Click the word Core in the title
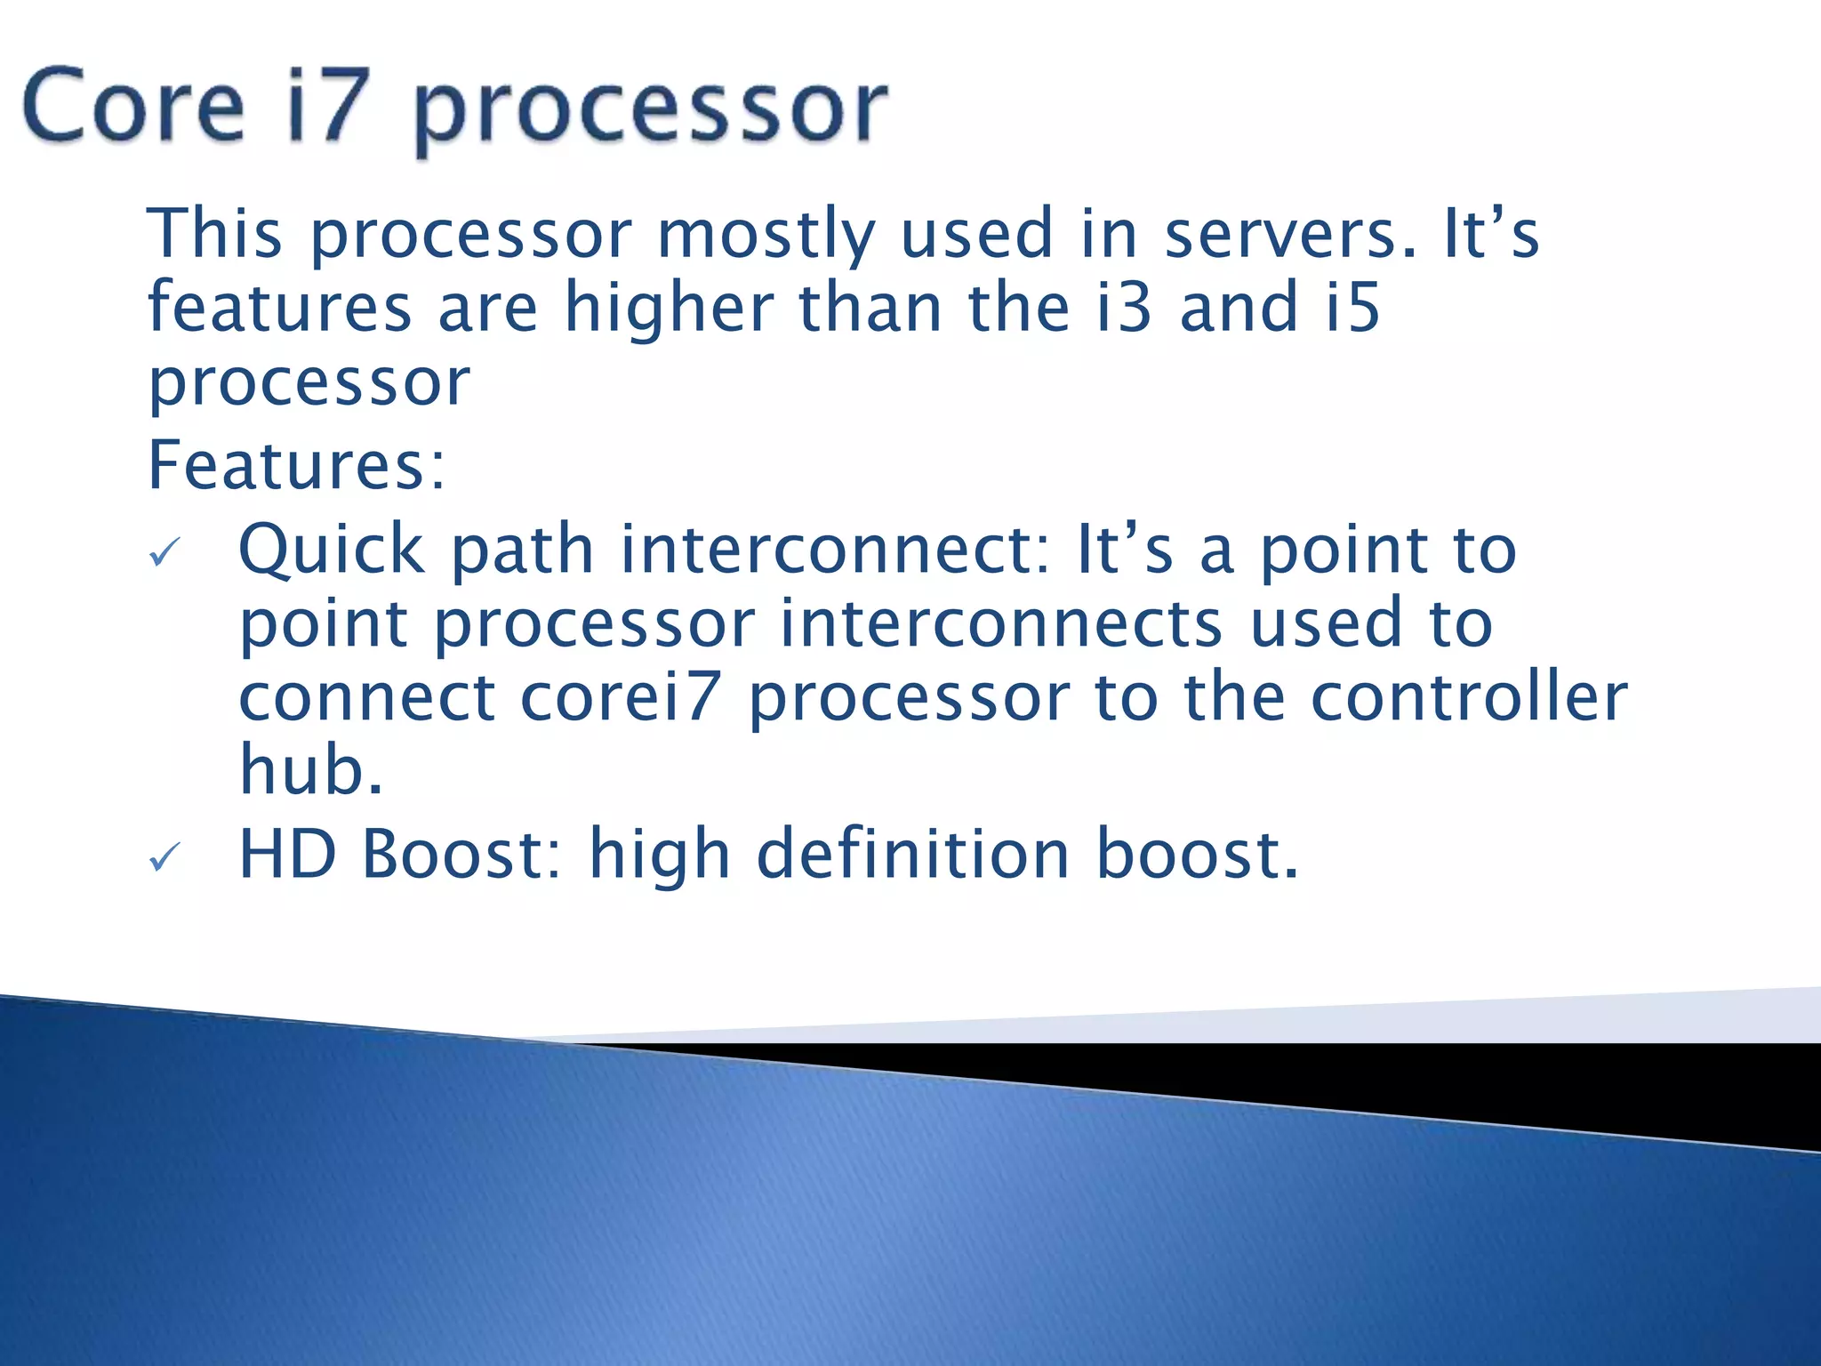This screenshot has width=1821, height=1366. pyautogui.click(x=133, y=107)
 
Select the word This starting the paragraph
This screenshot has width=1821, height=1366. pyautogui.click(x=214, y=233)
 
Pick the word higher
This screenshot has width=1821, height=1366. pyautogui.click(x=669, y=308)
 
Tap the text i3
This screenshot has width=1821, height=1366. pyautogui.click(x=1123, y=307)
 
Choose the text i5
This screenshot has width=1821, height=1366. pyautogui.click(x=1352, y=307)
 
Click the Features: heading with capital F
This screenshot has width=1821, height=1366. pyautogui.click(x=296, y=465)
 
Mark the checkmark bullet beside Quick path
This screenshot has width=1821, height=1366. pyautogui.click(x=164, y=553)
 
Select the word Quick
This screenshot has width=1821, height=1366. pyautogui.click(x=331, y=550)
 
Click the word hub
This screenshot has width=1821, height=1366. pyautogui.click(x=311, y=769)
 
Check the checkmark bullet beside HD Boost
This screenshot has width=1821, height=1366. pyautogui.click(x=164, y=857)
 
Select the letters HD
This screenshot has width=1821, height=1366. pyautogui.click(x=287, y=854)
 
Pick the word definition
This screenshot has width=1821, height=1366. pyautogui.click(x=912, y=854)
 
